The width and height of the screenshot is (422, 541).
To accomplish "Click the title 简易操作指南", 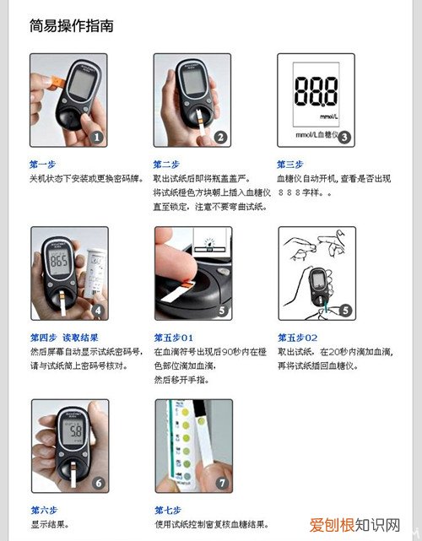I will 71,26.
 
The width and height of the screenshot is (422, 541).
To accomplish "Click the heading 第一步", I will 43,165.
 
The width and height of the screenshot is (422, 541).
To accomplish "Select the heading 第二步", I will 167,165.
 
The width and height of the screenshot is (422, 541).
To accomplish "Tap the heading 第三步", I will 291,165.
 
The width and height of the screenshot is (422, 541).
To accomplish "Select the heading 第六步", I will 43,509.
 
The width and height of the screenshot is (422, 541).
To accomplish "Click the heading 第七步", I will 167,509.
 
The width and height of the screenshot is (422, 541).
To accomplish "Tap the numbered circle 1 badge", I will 97,138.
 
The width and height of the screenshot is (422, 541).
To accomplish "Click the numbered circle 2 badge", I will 220,138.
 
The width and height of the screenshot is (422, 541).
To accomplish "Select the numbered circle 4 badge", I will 98,311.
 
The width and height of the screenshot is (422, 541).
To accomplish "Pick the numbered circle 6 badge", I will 98,484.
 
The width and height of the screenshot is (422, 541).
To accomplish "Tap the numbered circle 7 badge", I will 221,484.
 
